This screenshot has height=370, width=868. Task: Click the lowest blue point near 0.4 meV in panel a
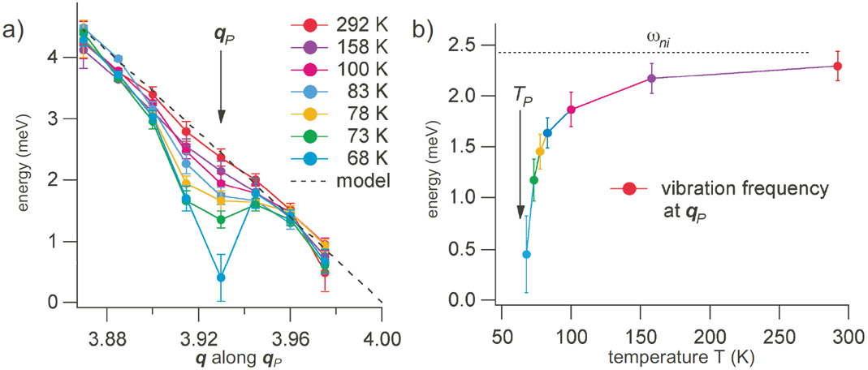coord(221,277)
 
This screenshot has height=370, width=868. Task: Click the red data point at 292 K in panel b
coord(837,67)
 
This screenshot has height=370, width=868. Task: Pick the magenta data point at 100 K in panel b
coord(571,110)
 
